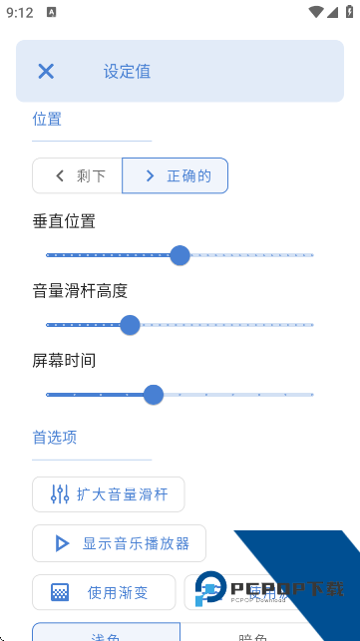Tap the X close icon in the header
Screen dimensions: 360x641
(46, 71)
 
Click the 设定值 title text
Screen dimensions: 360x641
(127, 72)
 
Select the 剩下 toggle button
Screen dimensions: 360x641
(78, 175)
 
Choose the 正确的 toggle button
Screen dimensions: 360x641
(176, 175)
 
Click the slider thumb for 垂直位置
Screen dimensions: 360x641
(180, 255)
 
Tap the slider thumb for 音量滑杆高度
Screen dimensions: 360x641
(130, 324)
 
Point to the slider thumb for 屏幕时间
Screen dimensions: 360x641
(154, 395)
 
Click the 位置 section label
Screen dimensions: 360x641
(47, 119)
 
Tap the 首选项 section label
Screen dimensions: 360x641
(55, 437)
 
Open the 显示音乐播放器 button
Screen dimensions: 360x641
(119, 543)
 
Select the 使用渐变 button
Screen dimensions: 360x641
(104, 592)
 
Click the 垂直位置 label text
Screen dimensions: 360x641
(64, 221)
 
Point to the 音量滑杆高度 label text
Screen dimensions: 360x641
(80, 291)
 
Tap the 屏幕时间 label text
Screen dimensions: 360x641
(64, 360)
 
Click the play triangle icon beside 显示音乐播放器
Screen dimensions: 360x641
(62, 543)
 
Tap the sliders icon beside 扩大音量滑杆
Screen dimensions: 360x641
(59, 494)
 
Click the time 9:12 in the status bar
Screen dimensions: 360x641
(20, 13)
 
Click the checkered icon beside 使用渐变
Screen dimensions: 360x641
(61, 592)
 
